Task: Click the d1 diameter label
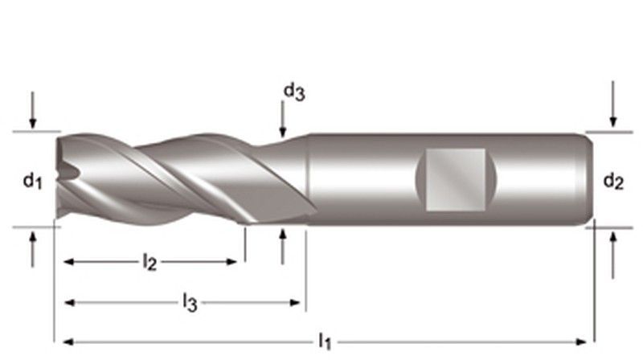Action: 31,182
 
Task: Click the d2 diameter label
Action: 613,182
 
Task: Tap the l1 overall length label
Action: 325,342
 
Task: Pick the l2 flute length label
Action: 149,262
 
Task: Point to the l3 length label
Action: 190,303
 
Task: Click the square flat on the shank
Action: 455,178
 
